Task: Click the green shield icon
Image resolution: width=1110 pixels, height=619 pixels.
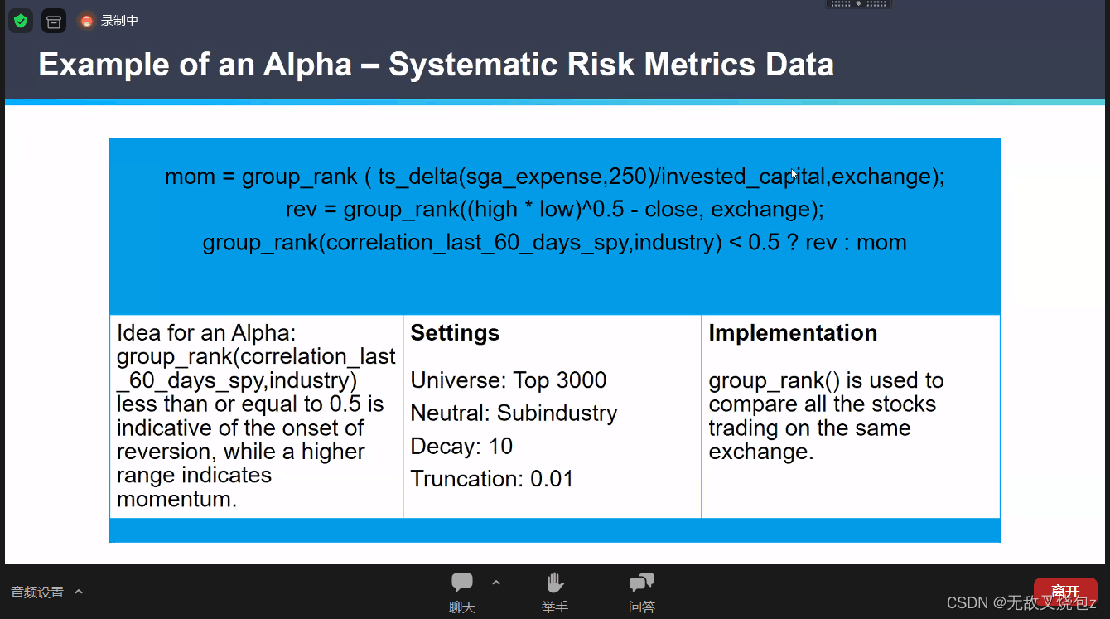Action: pyautogui.click(x=21, y=21)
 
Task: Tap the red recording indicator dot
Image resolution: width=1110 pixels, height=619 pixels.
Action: pyautogui.click(x=87, y=21)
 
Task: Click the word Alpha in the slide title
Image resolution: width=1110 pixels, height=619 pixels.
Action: pyautogui.click(x=307, y=65)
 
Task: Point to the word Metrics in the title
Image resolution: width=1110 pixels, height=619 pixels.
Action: pyautogui.click(x=700, y=65)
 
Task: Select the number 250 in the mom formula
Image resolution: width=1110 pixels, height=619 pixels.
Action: pyautogui.click(x=628, y=177)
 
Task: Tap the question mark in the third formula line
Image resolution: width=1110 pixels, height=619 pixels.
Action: pyautogui.click(x=793, y=242)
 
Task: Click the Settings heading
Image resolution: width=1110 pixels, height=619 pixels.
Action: pyautogui.click(x=455, y=333)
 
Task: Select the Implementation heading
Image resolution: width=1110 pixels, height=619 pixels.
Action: pyautogui.click(x=793, y=332)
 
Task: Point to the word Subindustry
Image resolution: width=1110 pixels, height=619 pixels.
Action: pyautogui.click(x=557, y=413)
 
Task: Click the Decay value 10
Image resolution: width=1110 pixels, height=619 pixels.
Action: pyautogui.click(x=500, y=446)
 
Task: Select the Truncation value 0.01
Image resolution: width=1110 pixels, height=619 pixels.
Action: pyautogui.click(x=552, y=479)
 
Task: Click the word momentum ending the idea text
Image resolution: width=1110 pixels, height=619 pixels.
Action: pyautogui.click(x=177, y=499)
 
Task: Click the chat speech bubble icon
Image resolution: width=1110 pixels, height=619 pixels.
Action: pyautogui.click(x=462, y=582)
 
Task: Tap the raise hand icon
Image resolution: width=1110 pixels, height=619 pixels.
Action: pyautogui.click(x=555, y=583)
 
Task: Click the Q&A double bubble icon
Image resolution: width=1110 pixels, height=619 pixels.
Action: pyautogui.click(x=642, y=583)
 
